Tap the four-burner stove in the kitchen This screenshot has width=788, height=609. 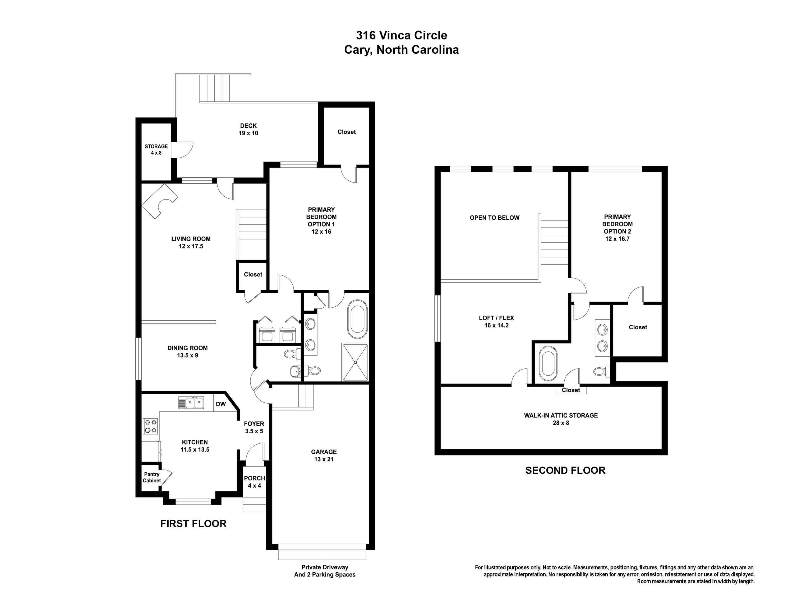pyautogui.click(x=150, y=426)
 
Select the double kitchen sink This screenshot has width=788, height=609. pyautogui.click(x=191, y=403)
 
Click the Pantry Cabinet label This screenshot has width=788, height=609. pyautogui.click(x=151, y=477)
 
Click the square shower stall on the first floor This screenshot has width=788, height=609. pyautogui.click(x=355, y=362)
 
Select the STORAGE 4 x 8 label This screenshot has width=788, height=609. pyautogui.click(x=156, y=149)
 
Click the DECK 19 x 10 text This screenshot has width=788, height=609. pyautogui.click(x=248, y=129)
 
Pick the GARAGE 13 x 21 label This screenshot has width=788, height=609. pyautogui.click(x=324, y=455)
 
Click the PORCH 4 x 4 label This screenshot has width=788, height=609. pyautogui.click(x=254, y=482)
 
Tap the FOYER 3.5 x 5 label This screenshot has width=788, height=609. pyautogui.click(x=254, y=427)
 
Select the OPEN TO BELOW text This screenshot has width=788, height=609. pyautogui.click(x=494, y=218)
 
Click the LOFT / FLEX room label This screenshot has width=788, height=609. pyautogui.click(x=496, y=321)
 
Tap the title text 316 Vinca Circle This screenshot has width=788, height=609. pyautogui.click(x=401, y=35)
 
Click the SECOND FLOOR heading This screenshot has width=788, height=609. pyautogui.click(x=565, y=470)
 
